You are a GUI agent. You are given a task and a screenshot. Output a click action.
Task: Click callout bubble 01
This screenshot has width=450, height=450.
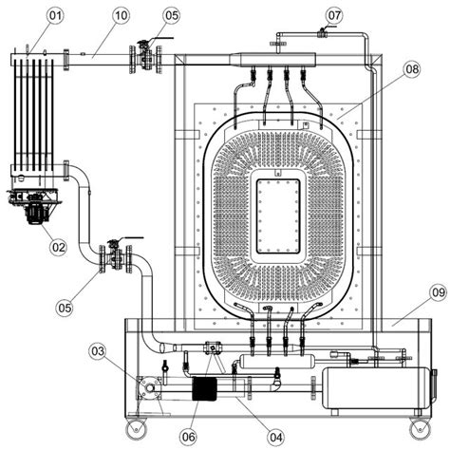55,16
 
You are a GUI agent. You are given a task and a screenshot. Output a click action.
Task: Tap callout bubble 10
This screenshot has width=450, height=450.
121,15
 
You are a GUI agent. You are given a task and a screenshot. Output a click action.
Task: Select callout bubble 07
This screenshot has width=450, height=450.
334,15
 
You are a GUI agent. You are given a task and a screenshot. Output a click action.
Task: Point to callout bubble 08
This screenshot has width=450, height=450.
412,69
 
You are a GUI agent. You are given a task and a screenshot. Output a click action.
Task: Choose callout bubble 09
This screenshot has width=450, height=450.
439,292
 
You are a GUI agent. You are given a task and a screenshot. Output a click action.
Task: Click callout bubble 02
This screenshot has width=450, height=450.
58,247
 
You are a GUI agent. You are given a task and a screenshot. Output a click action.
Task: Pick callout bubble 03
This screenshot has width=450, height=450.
98,351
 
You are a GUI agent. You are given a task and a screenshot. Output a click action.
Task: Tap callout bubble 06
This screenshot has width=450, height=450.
188,437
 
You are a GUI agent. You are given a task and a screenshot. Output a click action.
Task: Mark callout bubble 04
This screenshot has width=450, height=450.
275,438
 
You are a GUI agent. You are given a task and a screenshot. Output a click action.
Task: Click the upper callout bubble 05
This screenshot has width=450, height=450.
172,15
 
